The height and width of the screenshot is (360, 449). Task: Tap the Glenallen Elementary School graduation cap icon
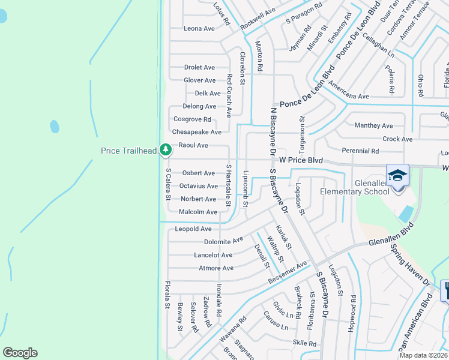pos(397,176)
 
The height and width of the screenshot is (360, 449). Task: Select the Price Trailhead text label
pos(128,151)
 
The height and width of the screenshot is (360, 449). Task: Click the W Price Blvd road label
pos(301,161)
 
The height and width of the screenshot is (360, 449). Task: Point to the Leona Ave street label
pos(199,28)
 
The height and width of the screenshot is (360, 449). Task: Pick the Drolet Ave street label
pos(199,67)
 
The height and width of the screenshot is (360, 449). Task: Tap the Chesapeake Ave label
pos(197,132)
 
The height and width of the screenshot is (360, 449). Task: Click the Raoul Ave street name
pos(193,145)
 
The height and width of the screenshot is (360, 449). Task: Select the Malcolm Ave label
pos(198,212)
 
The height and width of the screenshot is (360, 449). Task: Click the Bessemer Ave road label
pos(288,272)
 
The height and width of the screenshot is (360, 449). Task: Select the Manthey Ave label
pos(373,125)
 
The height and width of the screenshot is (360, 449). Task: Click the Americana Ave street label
pos(348,96)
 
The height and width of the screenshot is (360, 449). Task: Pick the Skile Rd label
pos(304,343)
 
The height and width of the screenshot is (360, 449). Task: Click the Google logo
pos(20,352)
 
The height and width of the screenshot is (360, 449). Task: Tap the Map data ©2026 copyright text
pos(423,355)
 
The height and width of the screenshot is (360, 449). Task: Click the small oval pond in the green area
pos(55,127)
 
